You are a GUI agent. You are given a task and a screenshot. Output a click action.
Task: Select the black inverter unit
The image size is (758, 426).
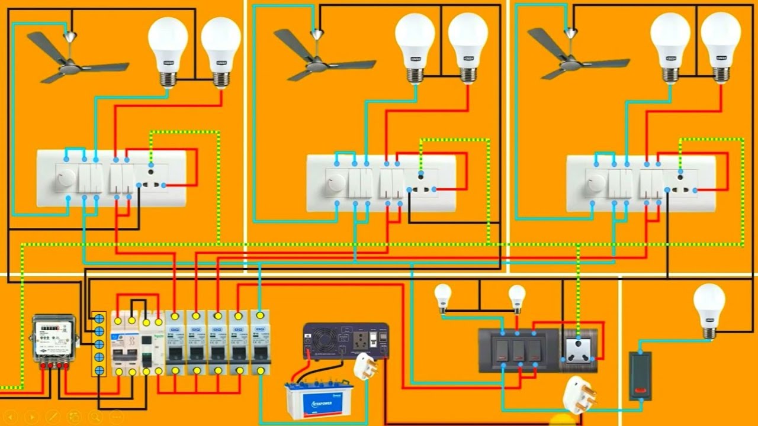346,341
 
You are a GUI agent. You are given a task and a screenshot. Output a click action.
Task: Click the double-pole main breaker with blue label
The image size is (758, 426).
125,343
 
